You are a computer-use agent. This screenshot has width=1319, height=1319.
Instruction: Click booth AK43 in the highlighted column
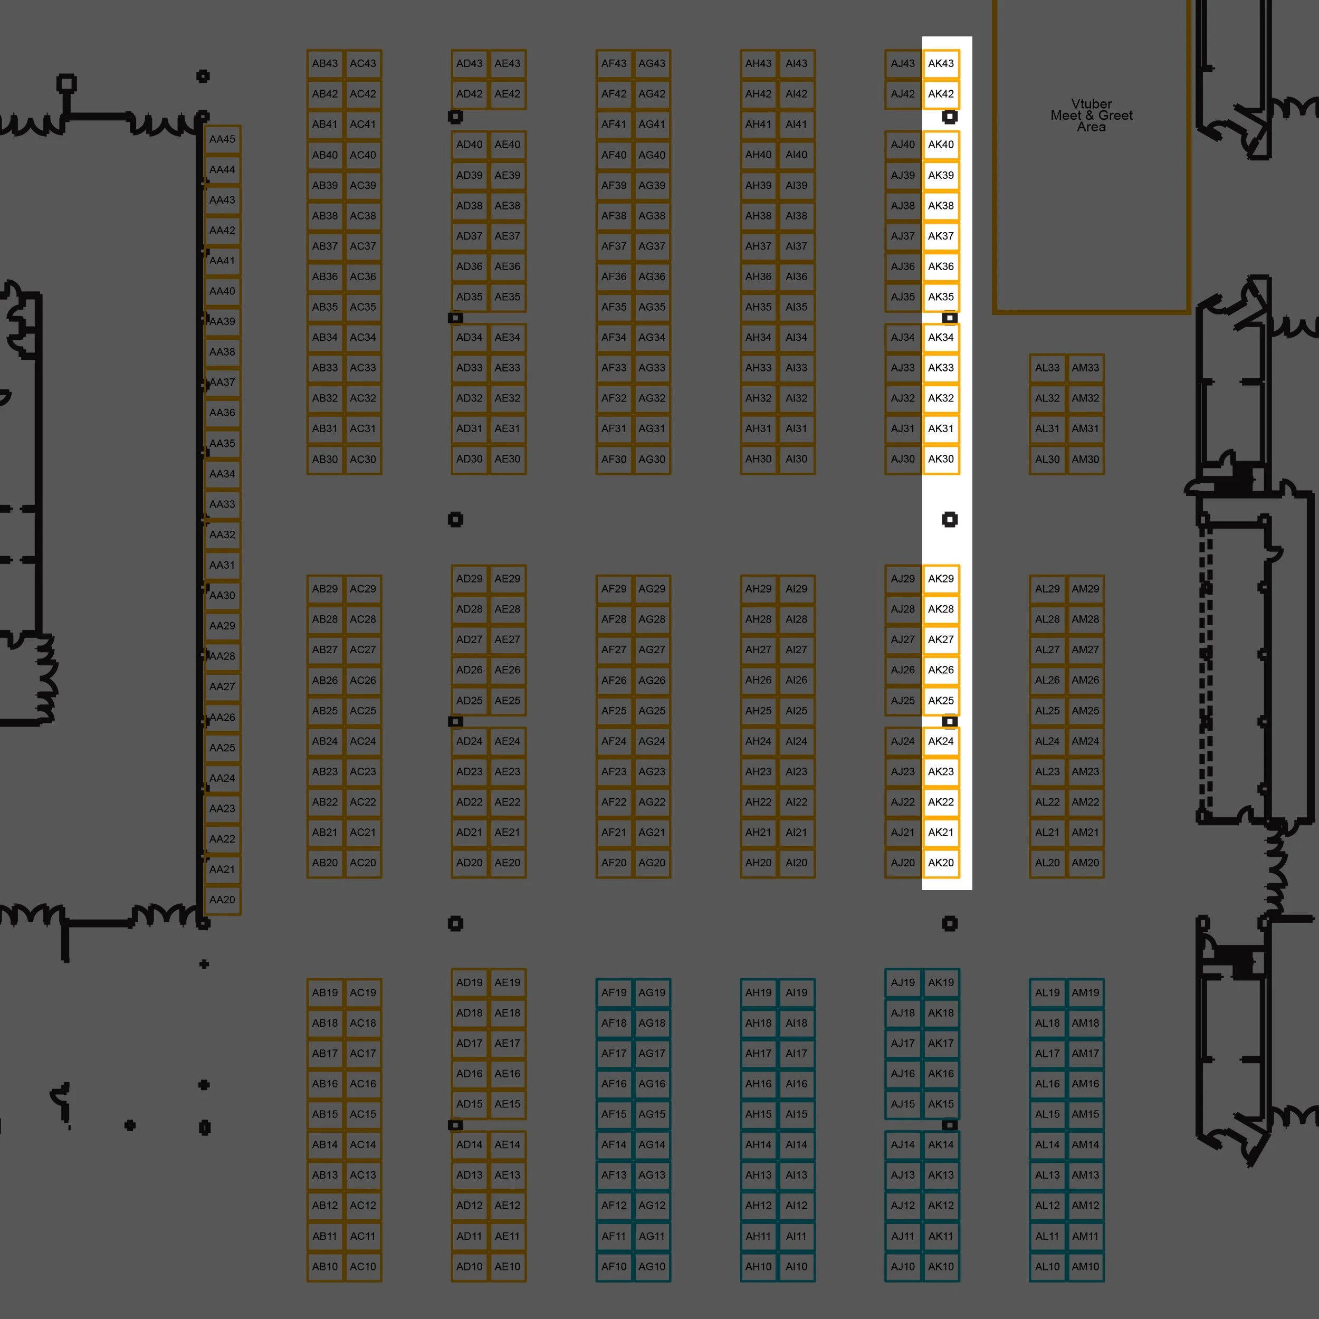click(941, 63)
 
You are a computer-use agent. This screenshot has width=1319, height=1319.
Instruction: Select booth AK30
click(941, 459)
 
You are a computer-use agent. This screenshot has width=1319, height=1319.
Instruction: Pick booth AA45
click(222, 139)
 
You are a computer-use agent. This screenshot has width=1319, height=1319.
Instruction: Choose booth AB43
click(325, 63)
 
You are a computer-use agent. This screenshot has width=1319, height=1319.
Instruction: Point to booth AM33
click(1085, 368)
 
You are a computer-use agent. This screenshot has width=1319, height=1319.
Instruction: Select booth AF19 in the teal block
click(614, 992)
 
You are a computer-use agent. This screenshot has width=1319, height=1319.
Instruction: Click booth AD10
click(469, 1266)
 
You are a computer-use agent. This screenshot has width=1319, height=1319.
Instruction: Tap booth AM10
click(1085, 1266)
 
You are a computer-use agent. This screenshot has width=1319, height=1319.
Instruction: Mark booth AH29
click(759, 588)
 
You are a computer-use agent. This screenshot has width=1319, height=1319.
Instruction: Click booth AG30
click(652, 460)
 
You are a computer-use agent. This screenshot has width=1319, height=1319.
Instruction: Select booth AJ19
click(903, 982)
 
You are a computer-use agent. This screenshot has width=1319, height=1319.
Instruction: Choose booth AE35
click(507, 297)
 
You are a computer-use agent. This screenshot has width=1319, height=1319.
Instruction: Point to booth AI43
click(796, 63)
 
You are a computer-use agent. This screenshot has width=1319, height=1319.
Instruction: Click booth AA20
click(222, 900)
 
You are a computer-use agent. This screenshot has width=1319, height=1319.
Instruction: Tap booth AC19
click(362, 992)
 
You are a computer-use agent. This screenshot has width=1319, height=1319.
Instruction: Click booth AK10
click(941, 1266)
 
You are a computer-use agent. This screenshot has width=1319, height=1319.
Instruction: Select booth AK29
click(941, 578)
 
